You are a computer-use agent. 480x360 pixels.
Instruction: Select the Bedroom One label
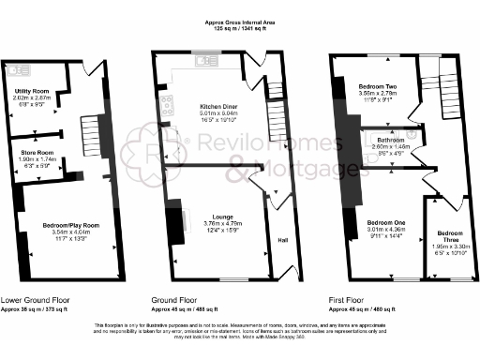point(384,221)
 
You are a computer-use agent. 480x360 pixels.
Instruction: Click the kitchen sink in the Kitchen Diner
point(202,64)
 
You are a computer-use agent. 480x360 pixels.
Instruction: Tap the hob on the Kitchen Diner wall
point(166,105)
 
